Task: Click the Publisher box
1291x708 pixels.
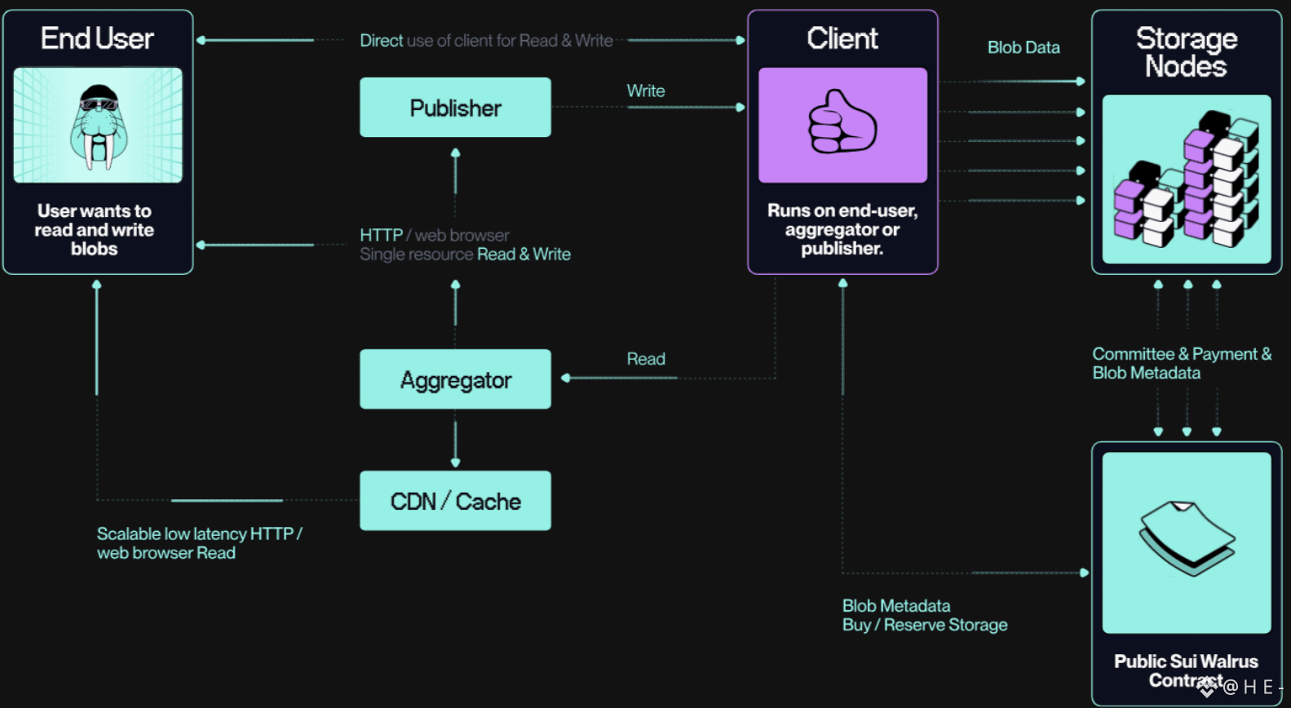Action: click(x=455, y=107)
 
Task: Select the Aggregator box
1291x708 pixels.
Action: click(x=455, y=378)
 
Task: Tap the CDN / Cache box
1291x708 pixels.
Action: click(x=455, y=501)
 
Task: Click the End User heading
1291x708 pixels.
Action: click(x=97, y=38)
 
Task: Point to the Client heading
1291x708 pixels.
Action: click(x=842, y=38)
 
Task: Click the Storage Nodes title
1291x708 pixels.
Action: click(x=1186, y=52)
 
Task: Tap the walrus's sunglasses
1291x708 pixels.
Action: click(x=99, y=104)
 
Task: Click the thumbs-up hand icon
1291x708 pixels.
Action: click(x=842, y=122)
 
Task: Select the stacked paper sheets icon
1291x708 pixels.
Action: click(x=1187, y=538)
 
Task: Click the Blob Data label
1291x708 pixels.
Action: click(x=1024, y=47)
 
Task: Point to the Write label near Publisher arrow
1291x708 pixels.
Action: click(x=646, y=91)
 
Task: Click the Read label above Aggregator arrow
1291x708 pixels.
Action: click(x=646, y=359)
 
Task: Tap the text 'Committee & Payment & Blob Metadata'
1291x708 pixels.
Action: click(x=1182, y=363)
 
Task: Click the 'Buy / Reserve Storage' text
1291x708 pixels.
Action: click(x=925, y=625)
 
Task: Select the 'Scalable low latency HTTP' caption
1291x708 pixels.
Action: click(x=200, y=534)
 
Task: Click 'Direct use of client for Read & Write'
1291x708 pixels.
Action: click(x=486, y=40)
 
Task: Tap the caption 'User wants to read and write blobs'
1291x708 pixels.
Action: click(x=95, y=229)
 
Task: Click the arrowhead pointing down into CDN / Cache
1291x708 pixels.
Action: click(x=455, y=462)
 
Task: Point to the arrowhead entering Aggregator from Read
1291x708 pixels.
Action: click(x=565, y=378)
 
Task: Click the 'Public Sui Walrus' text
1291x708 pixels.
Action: click(x=1186, y=661)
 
